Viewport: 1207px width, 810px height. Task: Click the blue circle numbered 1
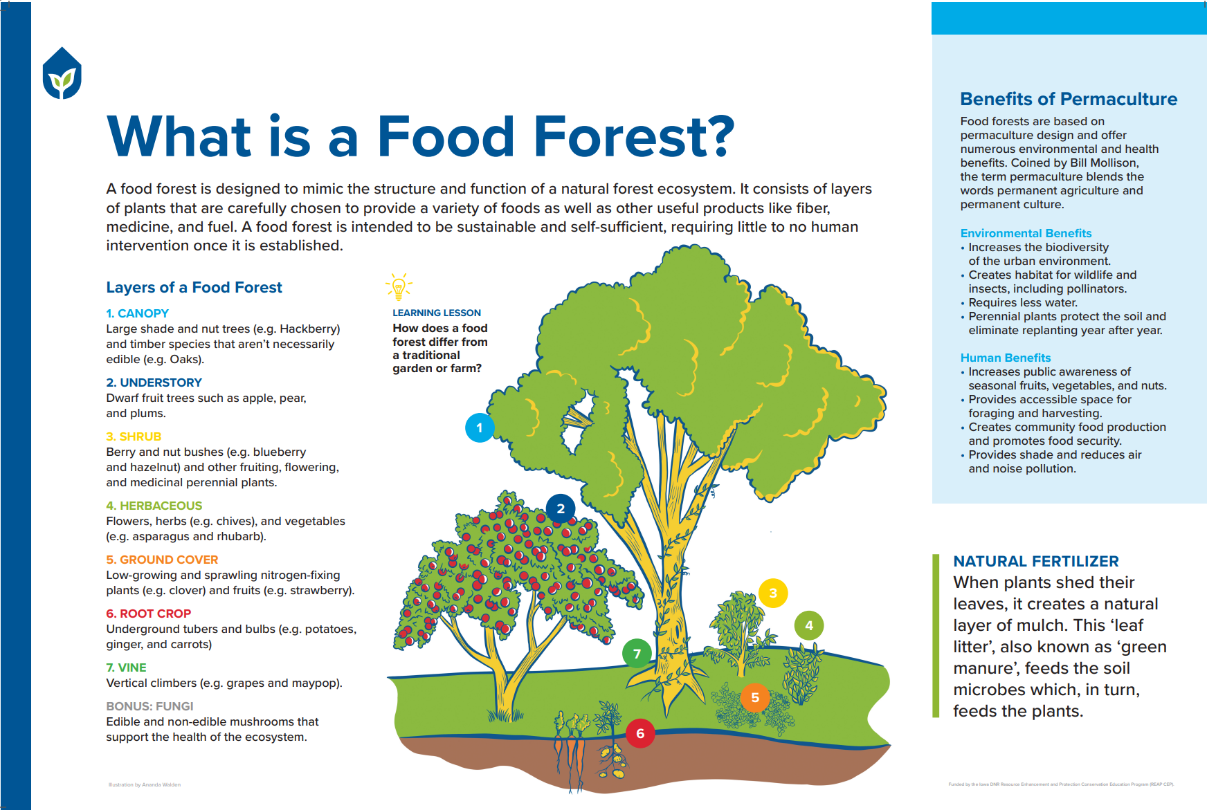point(480,427)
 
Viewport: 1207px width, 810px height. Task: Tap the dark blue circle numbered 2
point(561,508)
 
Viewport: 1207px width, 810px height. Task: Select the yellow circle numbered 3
point(773,593)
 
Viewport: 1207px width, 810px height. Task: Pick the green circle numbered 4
point(809,626)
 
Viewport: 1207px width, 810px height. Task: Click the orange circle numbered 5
point(755,697)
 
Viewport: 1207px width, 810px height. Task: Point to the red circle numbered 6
point(640,733)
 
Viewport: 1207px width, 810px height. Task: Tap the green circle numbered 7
point(637,654)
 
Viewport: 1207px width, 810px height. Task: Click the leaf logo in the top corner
point(62,73)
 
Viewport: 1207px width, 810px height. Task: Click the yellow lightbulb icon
point(399,286)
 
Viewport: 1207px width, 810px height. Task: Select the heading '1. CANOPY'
point(137,313)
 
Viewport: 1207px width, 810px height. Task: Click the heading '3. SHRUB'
point(134,436)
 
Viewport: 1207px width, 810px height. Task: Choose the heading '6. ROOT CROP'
point(148,614)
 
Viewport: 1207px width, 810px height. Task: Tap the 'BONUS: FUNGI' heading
point(149,706)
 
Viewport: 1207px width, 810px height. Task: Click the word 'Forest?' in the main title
point(634,136)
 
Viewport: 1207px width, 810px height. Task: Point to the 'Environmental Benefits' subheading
point(1026,233)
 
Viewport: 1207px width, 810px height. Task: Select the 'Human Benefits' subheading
point(1005,358)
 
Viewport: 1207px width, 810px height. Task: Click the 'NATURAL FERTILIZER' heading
point(1035,561)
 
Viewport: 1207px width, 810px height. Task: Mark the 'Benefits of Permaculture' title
point(1068,99)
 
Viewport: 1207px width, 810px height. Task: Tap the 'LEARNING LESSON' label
point(436,313)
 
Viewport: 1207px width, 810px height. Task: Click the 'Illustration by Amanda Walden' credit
point(145,784)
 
